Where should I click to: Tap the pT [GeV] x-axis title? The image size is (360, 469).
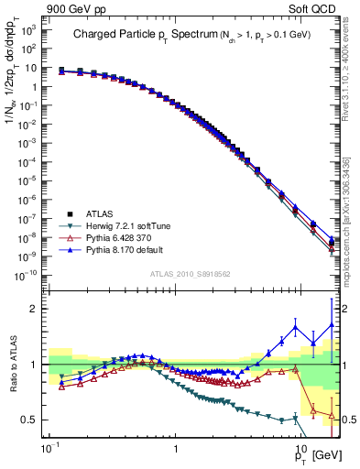pyautogui.click(x=312, y=455)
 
